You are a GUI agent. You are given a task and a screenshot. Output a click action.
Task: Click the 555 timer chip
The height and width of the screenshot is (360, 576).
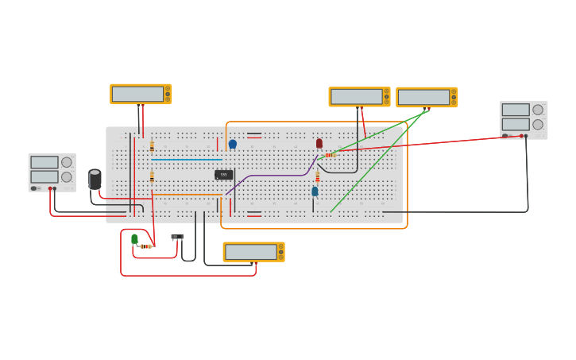tap(223, 175)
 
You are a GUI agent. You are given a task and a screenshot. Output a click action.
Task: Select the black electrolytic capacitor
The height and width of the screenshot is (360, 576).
tap(95, 179)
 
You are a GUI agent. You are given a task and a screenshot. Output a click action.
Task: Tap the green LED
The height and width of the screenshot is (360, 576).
tap(134, 238)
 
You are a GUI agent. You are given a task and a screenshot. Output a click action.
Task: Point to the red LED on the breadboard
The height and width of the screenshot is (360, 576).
tap(319, 143)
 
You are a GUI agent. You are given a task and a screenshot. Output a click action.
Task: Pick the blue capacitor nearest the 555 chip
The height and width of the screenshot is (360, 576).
tap(233, 144)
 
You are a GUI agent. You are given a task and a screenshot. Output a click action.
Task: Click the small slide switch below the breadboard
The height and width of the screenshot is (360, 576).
tap(177, 236)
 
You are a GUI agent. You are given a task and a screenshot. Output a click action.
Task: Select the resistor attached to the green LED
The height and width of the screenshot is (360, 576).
tap(145, 246)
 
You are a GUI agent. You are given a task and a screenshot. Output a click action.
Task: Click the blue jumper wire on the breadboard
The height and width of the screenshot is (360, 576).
tap(187, 159)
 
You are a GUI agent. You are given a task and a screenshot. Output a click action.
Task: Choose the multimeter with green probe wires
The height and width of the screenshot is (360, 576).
tap(426, 97)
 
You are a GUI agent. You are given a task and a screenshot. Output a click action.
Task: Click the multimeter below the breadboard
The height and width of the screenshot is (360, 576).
tap(253, 252)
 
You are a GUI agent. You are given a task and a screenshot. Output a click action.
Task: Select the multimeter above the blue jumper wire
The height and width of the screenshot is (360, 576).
tap(141, 94)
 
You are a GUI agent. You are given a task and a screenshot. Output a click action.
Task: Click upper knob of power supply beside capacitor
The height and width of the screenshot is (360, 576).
tap(67, 163)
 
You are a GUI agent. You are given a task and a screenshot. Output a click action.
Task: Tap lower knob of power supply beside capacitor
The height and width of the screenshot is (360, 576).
tap(67, 176)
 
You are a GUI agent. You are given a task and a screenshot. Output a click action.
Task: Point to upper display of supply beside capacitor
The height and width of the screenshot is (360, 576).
tap(44, 162)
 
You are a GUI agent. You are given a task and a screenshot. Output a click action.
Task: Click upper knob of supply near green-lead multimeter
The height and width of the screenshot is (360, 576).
tap(538, 110)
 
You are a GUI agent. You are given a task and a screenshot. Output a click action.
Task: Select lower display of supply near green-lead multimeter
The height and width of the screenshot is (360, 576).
tap(515, 124)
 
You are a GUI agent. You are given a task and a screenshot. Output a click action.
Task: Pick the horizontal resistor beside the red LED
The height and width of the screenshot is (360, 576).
tap(329, 155)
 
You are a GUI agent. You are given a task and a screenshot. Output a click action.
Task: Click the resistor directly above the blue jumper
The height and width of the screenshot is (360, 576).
tap(152, 145)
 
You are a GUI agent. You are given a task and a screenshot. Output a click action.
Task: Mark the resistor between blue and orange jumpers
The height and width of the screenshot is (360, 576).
tap(152, 176)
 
